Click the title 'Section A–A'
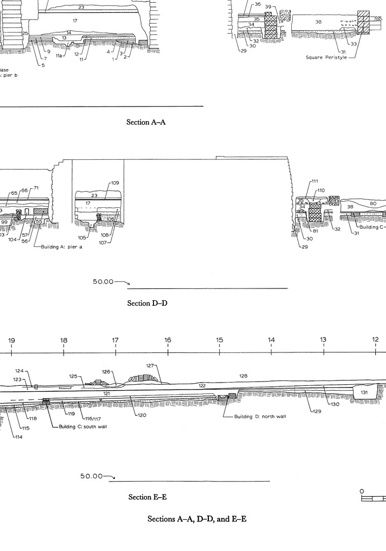146,122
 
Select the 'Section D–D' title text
147,303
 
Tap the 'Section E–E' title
147,497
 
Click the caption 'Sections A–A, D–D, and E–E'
197,519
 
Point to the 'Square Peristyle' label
326,56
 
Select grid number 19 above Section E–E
11,340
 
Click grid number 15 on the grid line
220,340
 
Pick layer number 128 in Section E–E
243,376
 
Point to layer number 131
364,408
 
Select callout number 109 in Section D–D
115,183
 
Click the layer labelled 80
373,203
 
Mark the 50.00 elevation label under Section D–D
103,281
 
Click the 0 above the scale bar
362,491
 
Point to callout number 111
315,181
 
